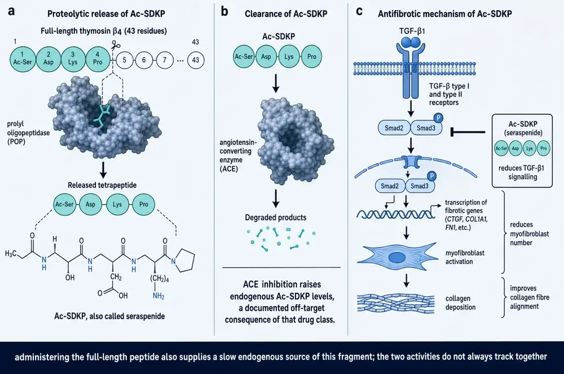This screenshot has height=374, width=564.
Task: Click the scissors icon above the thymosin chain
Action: pos(116,46)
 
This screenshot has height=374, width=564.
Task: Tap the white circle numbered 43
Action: pos(195,60)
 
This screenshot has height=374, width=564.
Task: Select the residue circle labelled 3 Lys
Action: pos(73,58)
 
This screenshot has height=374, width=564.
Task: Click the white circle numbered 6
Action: pos(144,60)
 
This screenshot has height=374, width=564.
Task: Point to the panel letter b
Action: pos(225,11)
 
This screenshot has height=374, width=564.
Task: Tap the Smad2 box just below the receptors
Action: pos(394,127)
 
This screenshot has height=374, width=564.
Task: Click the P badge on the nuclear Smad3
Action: pos(431,176)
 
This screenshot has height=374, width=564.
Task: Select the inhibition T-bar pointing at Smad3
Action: pos(468,132)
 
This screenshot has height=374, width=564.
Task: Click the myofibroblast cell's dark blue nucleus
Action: pos(396,257)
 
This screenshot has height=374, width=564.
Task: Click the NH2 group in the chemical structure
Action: pos(158,296)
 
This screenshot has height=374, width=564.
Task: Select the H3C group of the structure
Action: pos(11,253)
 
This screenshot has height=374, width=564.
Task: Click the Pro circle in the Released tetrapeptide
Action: pos(143,204)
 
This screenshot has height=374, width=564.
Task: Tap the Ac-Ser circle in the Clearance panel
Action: pos(244,56)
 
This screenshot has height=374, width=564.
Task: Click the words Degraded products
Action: pos(276,217)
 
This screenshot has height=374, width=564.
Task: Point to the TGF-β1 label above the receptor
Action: pos(412,31)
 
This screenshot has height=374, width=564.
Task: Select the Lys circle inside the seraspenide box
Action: pos(530,148)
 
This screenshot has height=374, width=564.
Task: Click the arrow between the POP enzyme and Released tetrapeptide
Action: pos(103,170)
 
